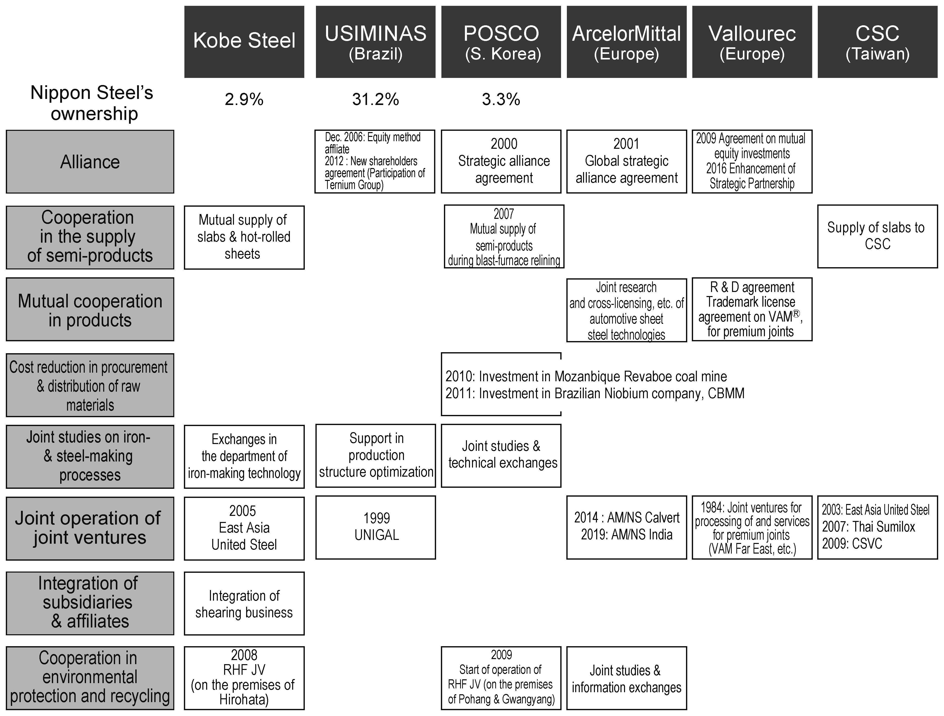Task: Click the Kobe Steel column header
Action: [244, 42]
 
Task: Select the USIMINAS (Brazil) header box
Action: [376, 42]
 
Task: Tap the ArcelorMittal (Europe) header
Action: [627, 42]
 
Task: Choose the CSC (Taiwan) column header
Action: [877, 42]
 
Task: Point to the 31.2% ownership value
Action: [376, 99]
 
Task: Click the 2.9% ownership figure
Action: [244, 99]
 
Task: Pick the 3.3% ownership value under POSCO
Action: [501, 99]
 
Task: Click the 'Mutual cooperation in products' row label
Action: [90, 309]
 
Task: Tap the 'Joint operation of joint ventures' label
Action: [90, 528]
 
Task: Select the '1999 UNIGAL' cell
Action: [376, 527]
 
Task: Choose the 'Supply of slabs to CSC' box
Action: [877, 237]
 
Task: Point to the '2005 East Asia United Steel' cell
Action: [244, 528]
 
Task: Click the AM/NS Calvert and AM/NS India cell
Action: [627, 527]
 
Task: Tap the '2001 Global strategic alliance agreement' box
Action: [627, 161]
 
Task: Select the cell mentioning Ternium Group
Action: [375, 161]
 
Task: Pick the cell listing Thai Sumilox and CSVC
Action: [877, 527]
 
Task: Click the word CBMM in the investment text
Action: [726, 393]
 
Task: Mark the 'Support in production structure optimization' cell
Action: [376, 456]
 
